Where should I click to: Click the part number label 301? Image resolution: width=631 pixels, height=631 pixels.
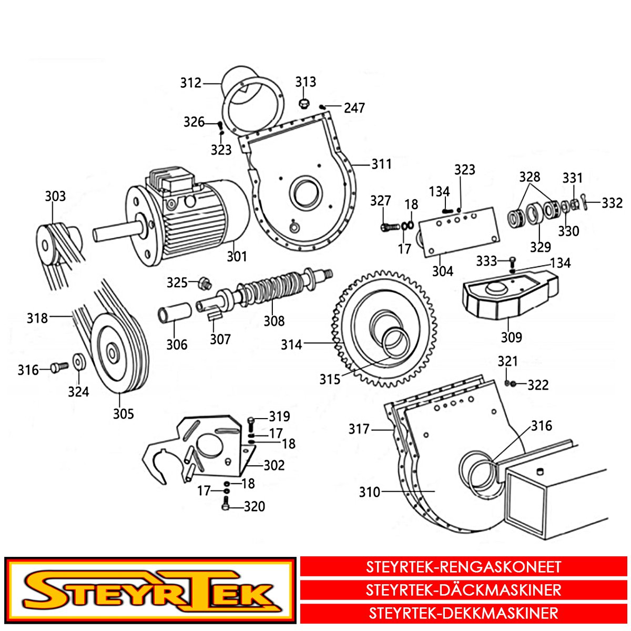(x=237, y=257)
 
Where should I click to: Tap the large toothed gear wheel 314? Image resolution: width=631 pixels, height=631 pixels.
(x=384, y=330)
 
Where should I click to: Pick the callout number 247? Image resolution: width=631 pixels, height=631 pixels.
(x=354, y=108)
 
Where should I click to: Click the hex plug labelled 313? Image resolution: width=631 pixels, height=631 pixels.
(x=304, y=104)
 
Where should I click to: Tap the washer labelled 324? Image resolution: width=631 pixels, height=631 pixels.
(x=78, y=362)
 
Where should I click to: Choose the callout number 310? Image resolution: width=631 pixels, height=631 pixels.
(x=370, y=492)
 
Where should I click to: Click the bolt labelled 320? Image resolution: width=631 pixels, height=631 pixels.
(x=225, y=503)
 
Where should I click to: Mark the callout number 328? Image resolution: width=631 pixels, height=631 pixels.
(x=530, y=177)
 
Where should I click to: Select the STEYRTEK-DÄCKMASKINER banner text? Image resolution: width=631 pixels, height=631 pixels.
(x=463, y=590)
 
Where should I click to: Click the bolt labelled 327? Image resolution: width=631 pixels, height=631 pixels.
(x=390, y=226)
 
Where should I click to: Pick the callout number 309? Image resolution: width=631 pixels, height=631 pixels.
(x=511, y=337)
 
